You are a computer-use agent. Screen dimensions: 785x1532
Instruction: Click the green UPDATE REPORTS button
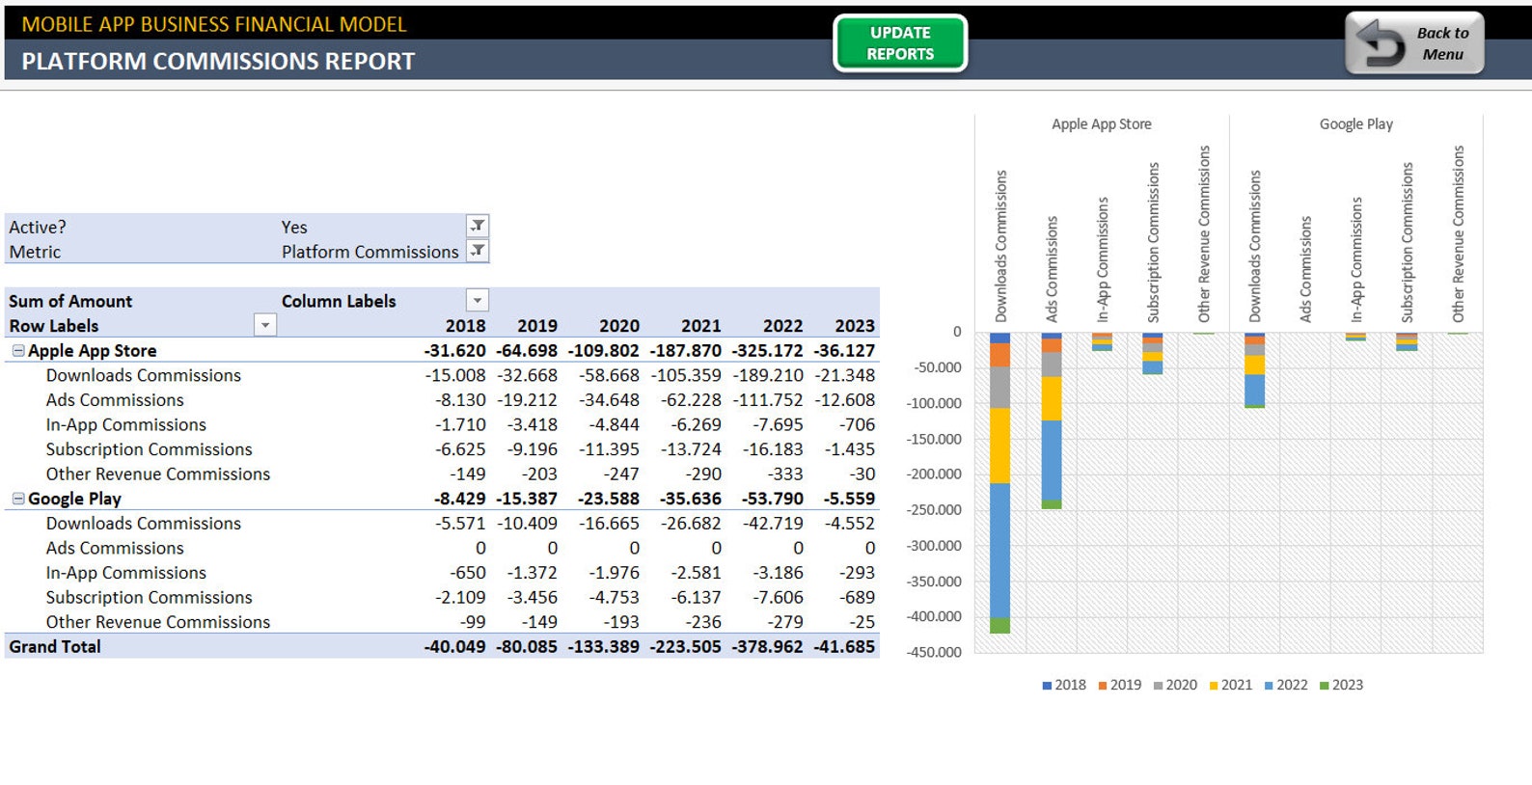coord(899,43)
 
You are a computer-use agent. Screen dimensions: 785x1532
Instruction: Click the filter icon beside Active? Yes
coord(478,226)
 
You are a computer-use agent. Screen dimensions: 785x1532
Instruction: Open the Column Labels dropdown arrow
coord(478,300)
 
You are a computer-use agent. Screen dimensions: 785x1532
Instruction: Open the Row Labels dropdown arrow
coord(265,326)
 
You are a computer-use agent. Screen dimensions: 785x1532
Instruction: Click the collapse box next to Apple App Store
coord(18,351)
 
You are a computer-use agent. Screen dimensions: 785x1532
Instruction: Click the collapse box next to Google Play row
coord(18,499)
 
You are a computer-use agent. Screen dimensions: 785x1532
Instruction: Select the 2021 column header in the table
coord(700,326)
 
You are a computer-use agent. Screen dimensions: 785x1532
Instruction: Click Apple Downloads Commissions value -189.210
coord(768,375)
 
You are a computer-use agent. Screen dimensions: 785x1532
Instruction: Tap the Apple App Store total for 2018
coord(454,351)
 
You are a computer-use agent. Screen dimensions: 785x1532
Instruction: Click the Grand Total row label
coord(55,646)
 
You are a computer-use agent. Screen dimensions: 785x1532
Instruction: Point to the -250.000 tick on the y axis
coord(934,509)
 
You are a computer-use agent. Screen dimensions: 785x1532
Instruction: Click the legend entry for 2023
coord(1341,685)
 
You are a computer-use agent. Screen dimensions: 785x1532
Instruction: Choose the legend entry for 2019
coord(1119,685)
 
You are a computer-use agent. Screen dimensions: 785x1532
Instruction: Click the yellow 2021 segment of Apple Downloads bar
coord(999,445)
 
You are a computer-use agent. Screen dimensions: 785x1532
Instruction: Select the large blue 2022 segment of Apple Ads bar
coord(1052,460)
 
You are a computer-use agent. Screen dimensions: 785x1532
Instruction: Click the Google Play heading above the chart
coord(1355,124)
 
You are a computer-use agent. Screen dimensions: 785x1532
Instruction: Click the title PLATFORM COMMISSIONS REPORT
coord(218,62)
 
